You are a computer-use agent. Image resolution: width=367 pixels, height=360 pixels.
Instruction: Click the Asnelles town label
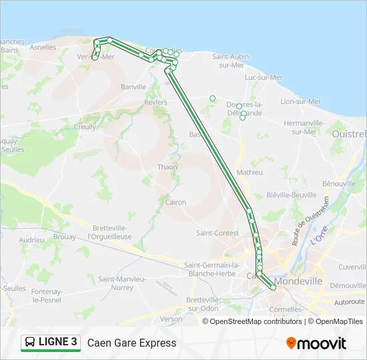[43, 47]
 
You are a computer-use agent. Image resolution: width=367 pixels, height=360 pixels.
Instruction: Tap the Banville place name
[133, 87]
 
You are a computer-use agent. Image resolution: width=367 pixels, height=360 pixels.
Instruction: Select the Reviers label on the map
[155, 103]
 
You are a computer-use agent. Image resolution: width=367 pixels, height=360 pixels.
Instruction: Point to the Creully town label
[85, 127]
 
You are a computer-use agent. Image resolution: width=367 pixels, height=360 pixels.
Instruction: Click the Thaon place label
[167, 167]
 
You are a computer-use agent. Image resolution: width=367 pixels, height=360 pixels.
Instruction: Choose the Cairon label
[175, 202]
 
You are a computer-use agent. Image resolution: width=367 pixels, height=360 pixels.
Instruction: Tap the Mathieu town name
[250, 172]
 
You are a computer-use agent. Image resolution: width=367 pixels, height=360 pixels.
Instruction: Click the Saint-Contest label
[218, 233]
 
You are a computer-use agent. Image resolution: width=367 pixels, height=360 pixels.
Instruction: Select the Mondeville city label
[300, 281]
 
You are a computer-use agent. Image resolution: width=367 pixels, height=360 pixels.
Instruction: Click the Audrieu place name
[31, 239]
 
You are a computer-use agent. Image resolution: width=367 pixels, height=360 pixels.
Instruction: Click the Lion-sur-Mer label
[300, 101]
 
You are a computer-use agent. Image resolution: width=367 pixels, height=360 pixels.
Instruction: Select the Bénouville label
[338, 183]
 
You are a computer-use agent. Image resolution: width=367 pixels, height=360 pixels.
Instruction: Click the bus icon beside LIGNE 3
[30, 343]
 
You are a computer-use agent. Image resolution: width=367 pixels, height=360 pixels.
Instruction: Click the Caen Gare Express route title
[131, 343]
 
